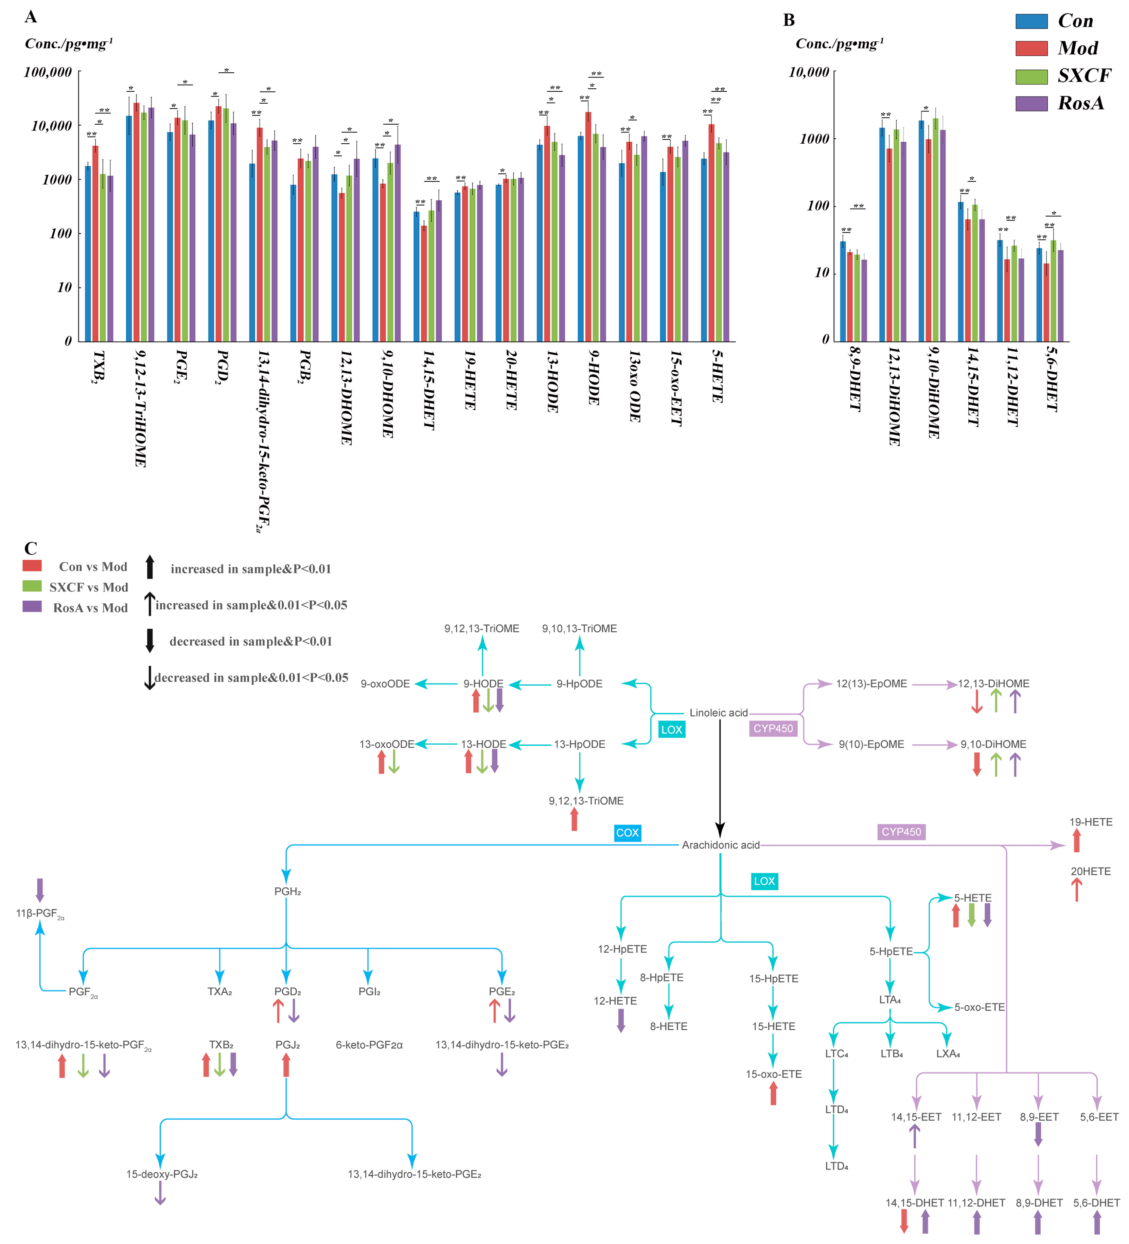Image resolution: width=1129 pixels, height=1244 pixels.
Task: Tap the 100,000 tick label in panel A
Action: [48, 72]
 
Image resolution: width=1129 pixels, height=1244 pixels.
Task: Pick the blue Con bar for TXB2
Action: [88, 253]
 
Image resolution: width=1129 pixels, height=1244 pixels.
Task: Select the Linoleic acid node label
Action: [718, 713]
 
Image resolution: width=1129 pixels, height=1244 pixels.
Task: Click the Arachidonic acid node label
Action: [720, 845]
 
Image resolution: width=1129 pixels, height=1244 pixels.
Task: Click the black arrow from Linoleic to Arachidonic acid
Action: [720, 778]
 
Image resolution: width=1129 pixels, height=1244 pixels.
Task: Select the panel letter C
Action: [31, 548]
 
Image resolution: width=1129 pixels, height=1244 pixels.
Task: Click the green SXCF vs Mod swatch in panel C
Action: [32, 586]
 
